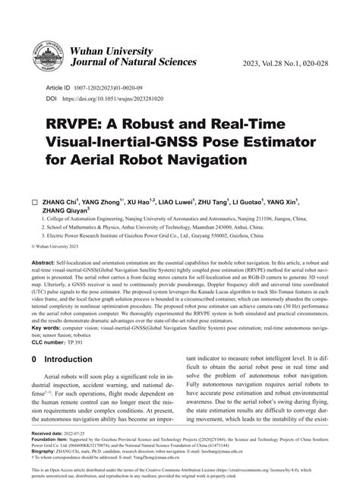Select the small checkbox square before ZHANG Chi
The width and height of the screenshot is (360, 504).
pyautogui.click(x=33, y=204)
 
